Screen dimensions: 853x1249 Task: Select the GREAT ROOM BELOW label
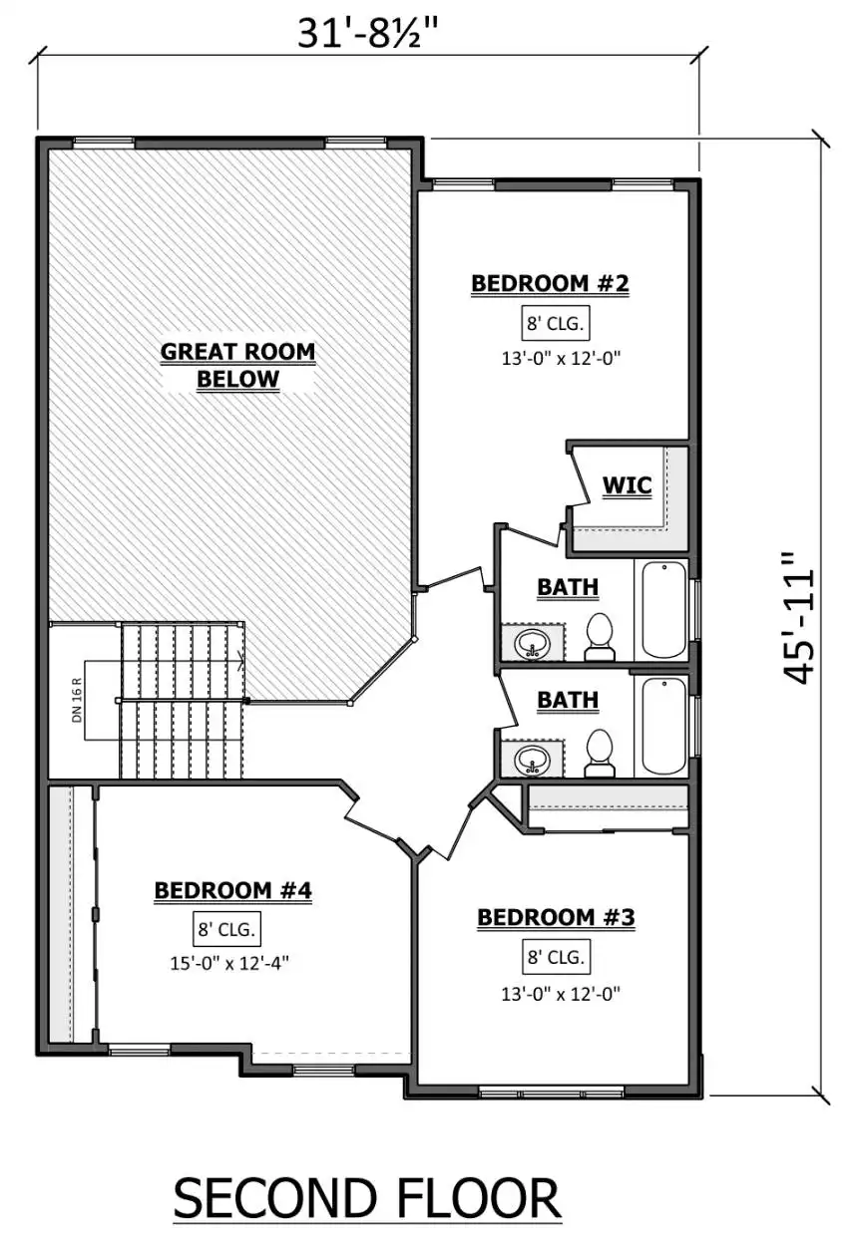pos(237,365)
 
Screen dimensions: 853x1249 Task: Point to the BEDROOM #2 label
pos(550,283)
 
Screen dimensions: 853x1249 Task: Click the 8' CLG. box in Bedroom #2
pos(556,323)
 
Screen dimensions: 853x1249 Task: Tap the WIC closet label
pos(627,485)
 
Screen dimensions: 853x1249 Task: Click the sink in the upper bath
pos(532,644)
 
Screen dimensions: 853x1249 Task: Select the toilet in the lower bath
pos(600,753)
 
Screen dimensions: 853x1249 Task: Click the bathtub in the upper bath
pos(663,611)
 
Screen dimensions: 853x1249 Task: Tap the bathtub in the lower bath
pos(663,726)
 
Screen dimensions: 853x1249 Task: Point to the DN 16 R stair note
pos(77,701)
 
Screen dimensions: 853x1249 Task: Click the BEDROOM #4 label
pos(232,890)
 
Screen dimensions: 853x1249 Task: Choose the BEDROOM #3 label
pos(556,917)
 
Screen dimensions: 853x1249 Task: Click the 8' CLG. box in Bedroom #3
pos(556,957)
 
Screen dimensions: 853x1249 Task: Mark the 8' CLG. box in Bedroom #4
pos(226,929)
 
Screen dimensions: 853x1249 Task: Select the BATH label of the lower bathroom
pos(568,700)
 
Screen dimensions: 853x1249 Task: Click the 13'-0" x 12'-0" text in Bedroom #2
pos(561,358)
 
